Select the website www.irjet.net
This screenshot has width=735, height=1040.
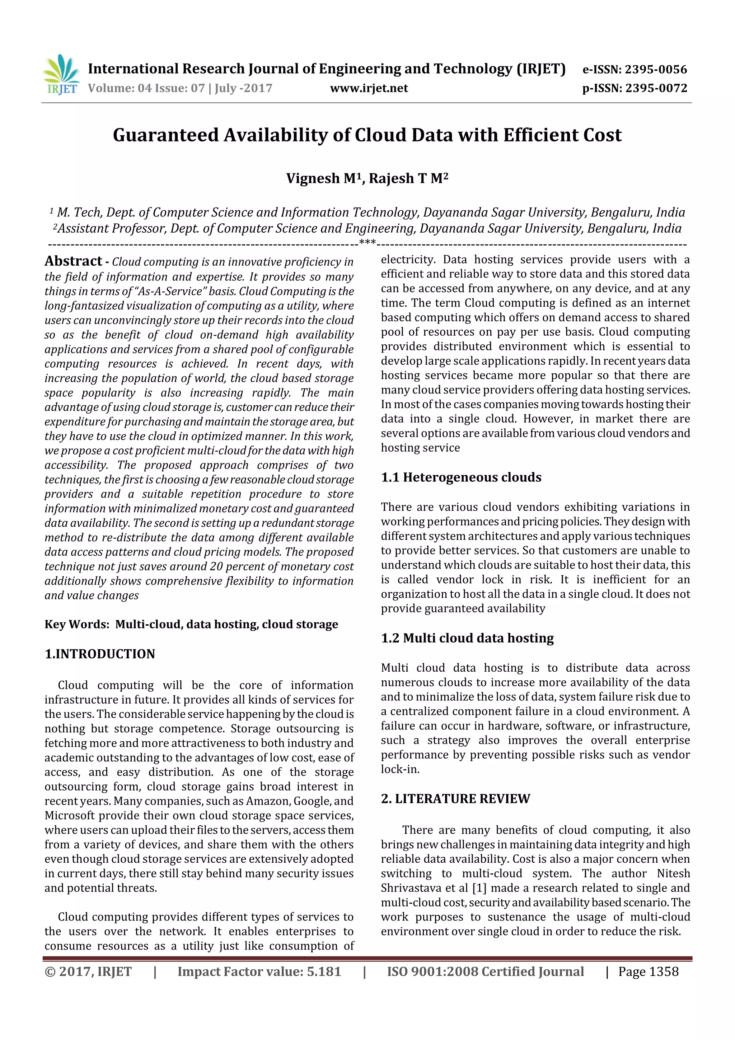369,88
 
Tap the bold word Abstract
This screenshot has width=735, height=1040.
73,261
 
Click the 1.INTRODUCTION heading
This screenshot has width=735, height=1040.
100,654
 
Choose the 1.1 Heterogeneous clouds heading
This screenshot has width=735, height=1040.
461,477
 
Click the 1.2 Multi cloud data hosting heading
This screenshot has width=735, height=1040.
467,638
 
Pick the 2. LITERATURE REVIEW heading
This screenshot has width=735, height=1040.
455,798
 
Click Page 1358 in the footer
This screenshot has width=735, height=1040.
648,971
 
